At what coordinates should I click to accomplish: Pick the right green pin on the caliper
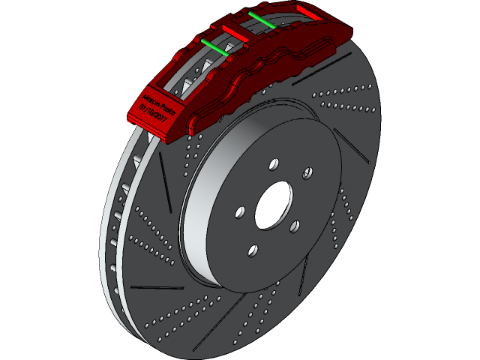pos(261,19)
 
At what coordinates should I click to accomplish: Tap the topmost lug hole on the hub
pos(273,163)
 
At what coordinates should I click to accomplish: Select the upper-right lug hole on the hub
pos(307,172)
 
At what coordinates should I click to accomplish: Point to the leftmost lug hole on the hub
pos(240,212)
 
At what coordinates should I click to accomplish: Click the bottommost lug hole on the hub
pos(253,250)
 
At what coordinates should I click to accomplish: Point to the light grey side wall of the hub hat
pos(196,225)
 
